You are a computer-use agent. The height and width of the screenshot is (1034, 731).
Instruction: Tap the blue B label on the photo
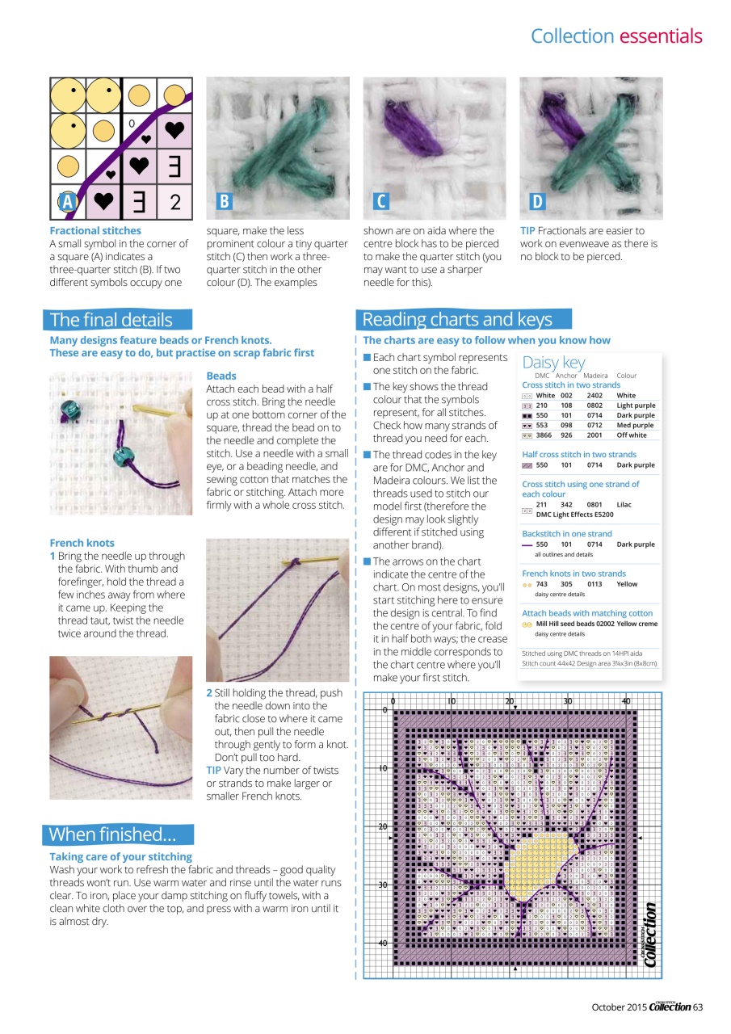(x=225, y=202)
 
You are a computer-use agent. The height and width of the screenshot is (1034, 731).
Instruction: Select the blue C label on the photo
(x=381, y=202)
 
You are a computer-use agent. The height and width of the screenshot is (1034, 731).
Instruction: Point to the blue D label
(x=537, y=202)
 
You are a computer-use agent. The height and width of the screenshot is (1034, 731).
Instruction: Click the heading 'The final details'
(x=111, y=320)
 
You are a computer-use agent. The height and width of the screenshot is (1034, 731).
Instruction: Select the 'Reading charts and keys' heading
(x=457, y=319)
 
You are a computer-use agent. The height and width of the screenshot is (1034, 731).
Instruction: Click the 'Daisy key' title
(x=553, y=363)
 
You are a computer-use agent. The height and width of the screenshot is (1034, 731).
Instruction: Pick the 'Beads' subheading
(x=221, y=376)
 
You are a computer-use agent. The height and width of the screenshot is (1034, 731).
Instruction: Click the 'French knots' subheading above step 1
(x=82, y=543)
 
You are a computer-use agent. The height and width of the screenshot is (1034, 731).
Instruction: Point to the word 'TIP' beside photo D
(x=529, y=231)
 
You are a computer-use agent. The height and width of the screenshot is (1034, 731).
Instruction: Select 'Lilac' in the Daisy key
(x=624, y=504)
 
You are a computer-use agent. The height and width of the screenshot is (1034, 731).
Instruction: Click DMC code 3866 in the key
(x=544, y=435)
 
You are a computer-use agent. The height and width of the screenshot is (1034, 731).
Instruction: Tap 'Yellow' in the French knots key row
(x=626, y=583)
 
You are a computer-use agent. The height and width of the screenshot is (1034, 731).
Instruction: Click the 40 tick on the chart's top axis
(x=626, y=700)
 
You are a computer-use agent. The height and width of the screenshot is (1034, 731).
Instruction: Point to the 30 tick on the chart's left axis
(x=384, y=885)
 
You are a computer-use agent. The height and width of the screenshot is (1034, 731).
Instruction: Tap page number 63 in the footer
(x=698, y=1007)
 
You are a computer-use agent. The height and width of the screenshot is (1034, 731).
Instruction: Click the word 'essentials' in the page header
(x=660, y=36)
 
